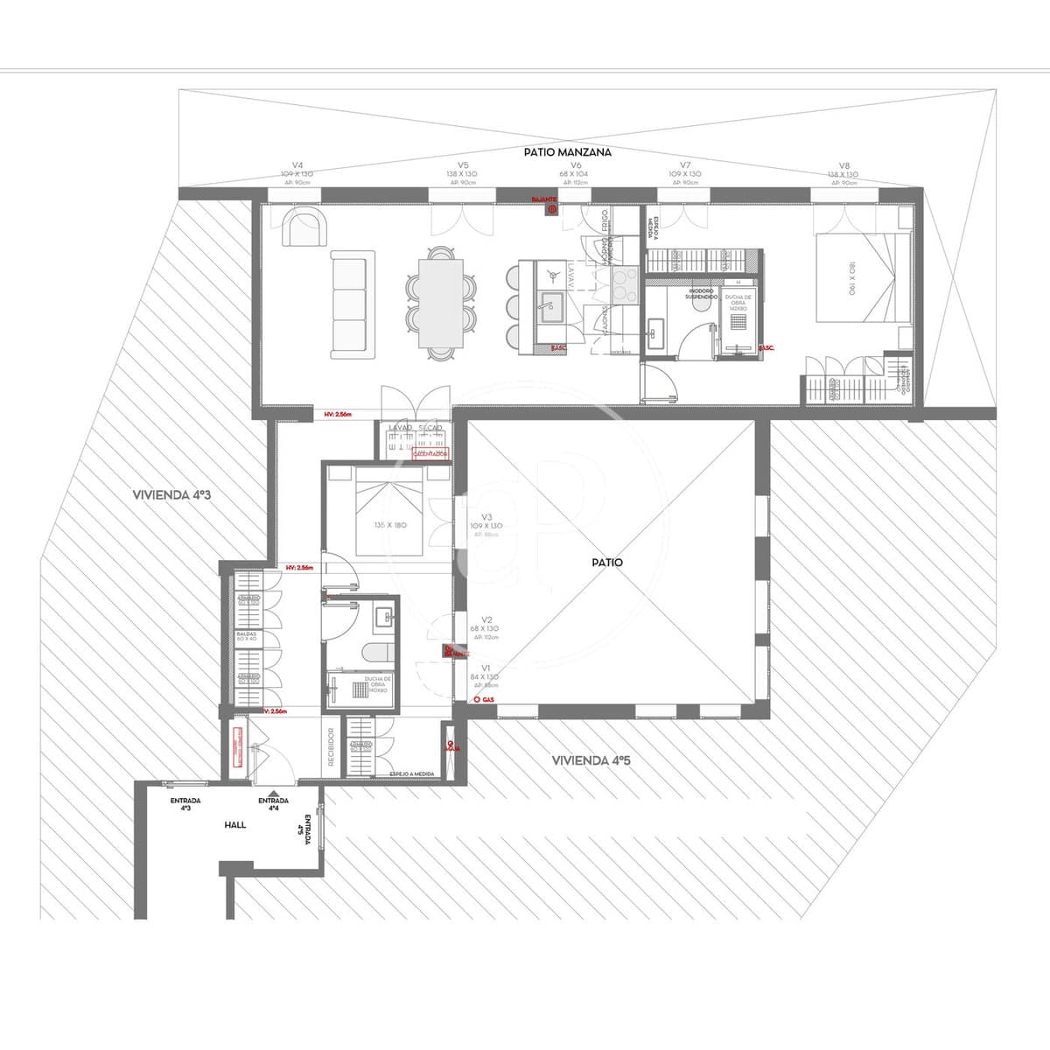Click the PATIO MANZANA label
click(x=567, y=151)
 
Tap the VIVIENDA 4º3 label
click(x=172, y=494)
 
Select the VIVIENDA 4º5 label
click(x=591, y=760)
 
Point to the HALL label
click(x=235, y=824)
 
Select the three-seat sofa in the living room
click(x=352, y=304)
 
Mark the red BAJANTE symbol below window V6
click(x=551, y=209)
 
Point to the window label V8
click(x=843, y=164)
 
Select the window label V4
click(x=297, y=164)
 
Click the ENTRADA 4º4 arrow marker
click(x=275, y=792)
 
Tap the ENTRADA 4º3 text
click(x=185, y=804)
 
